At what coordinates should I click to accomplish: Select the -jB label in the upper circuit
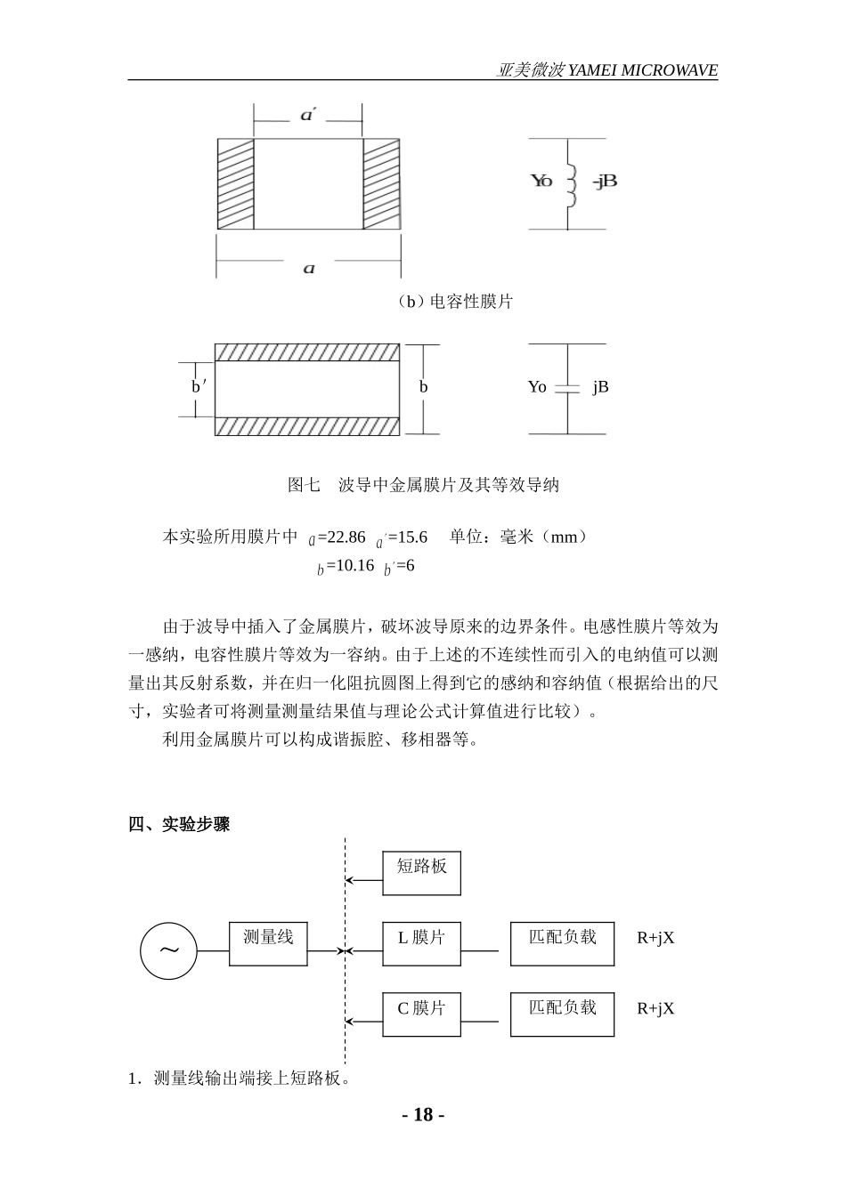coord(605,181)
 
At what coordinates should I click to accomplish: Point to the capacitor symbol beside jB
coord(567,388)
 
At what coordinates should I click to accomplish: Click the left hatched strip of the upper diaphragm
coord(235,183)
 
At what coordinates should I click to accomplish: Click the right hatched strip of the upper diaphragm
coord(380,183)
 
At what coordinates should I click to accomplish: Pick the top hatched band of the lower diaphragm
coord(306,353)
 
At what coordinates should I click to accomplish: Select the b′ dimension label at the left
coord(199,387)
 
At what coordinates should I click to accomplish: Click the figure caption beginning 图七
coord(423,485)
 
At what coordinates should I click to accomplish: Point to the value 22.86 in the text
coord(346,537)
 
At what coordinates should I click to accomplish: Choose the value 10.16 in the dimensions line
coord(350,566)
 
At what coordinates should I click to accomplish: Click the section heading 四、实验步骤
coord(179,824)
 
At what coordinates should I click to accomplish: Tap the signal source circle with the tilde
coord(168,950)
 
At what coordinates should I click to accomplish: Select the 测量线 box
coord(268,943)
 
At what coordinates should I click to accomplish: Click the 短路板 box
coord(421,873)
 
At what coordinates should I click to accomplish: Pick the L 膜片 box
coord(421,943)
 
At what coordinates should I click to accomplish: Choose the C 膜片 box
coord(421,1014)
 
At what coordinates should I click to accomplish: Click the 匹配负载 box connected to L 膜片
coord(562,943)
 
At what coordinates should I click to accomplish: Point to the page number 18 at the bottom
coord(423,1115)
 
